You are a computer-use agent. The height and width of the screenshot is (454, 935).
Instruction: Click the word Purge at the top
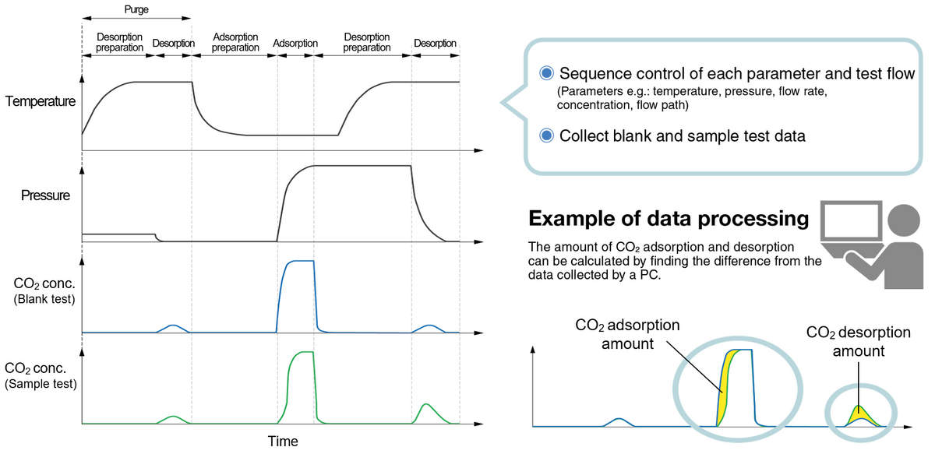(x=136, y=10)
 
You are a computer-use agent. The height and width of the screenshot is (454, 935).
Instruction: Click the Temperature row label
(x=41, y=101)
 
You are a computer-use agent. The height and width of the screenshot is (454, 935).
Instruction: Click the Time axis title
(x=283, y=442)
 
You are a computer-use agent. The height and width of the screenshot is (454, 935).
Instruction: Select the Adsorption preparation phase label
(x=235, y=42)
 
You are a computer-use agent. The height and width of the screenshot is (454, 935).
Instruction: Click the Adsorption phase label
(x=295, y=43)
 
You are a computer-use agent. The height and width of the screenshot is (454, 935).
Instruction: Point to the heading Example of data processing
(x=669, y=219)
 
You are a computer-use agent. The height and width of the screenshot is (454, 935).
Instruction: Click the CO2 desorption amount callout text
(x=859, y=342)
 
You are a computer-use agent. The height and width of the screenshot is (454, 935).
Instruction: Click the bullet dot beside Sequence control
(x=547, y=73)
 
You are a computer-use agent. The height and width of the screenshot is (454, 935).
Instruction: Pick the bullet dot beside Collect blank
(x=547, y=135)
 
